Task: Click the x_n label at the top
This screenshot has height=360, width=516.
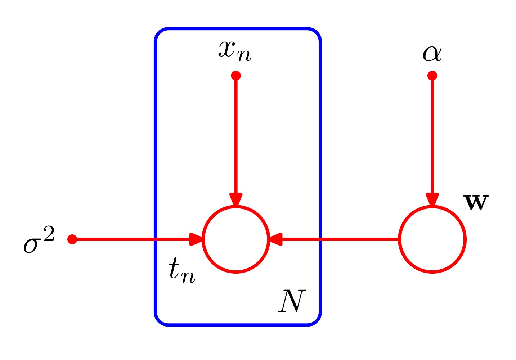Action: point(235,51)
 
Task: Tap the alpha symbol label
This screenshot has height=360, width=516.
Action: point(432,54)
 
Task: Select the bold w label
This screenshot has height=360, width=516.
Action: point(476,202)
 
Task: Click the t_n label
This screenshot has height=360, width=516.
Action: point(182,271)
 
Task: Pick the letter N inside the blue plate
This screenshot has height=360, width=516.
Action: point(292,302)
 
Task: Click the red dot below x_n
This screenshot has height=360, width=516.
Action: point(236,76)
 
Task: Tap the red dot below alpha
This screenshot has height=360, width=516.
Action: point(432,76)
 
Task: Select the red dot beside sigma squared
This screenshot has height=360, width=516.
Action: point(72,239)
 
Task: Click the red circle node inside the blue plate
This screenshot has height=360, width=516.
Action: point(236,239)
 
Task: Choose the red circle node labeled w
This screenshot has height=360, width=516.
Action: point(432,239)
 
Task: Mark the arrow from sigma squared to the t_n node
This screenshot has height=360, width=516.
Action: point(133,239)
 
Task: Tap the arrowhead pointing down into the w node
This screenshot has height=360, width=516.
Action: point(432,200)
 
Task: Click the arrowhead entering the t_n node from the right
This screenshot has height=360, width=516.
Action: point(275,239)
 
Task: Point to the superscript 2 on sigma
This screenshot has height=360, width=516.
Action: point(49,234)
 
